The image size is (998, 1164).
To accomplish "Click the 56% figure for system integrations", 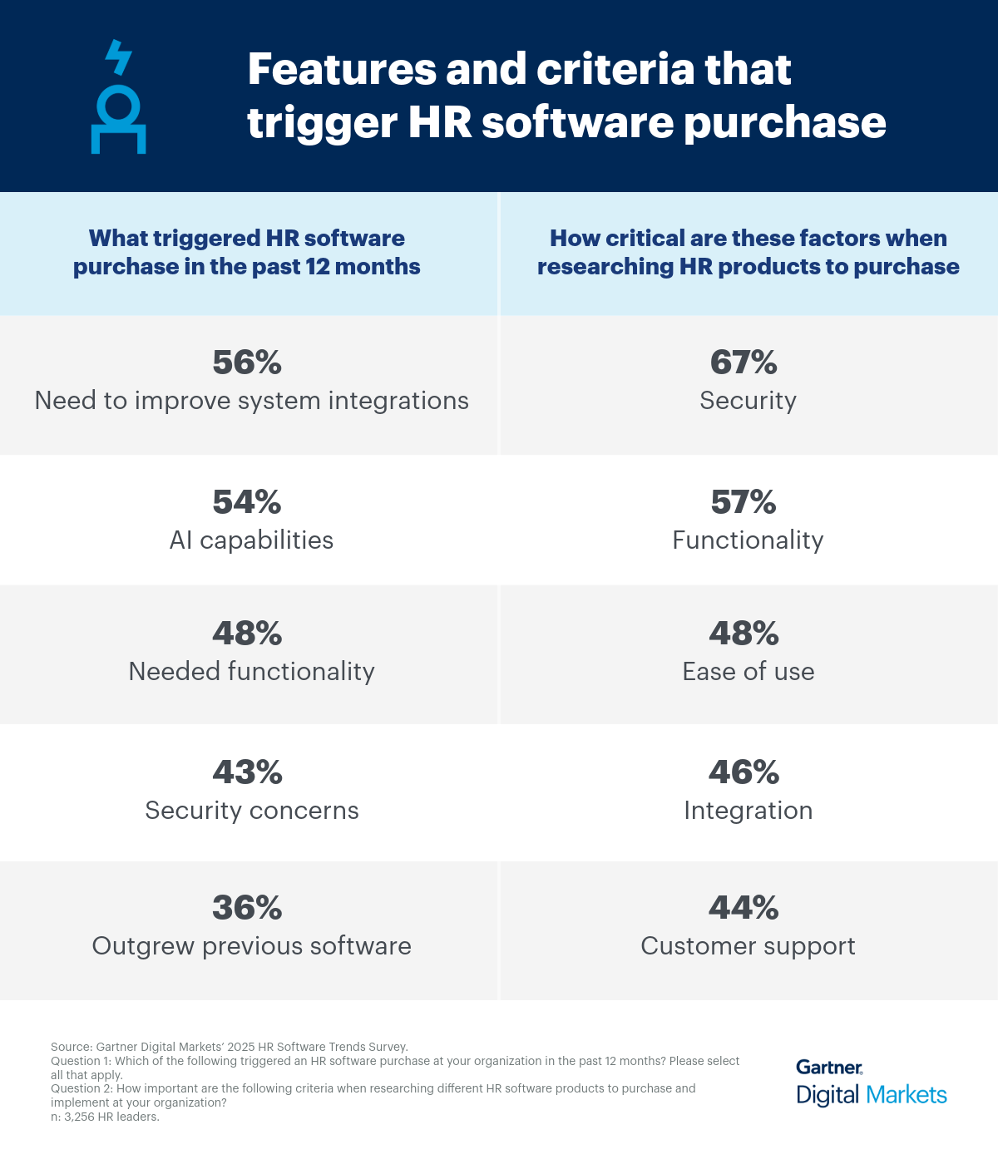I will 247,363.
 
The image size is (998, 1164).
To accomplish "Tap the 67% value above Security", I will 744,363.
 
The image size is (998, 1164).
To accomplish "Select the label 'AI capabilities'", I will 251,540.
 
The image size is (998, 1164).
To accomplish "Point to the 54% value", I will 247,502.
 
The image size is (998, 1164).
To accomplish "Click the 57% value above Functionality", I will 744,502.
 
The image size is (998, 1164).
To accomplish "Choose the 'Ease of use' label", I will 748,672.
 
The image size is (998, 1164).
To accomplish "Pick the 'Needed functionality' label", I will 251,672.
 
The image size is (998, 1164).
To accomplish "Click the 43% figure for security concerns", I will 247,772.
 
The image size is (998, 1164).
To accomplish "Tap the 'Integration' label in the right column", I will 748,811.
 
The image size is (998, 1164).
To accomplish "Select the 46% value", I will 744,772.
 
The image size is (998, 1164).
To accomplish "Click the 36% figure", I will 247,907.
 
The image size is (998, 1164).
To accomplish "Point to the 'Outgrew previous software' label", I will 251,946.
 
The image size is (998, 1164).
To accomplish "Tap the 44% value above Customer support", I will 744,907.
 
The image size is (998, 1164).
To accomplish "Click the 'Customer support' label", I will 748,946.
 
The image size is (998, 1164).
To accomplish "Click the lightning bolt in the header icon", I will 118,57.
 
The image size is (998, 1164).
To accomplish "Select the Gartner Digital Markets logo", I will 871,1083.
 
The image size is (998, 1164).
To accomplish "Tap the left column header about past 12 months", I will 247,253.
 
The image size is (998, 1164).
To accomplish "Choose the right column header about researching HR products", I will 748,253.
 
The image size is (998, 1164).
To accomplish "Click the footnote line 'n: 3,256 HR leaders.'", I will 105,1117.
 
